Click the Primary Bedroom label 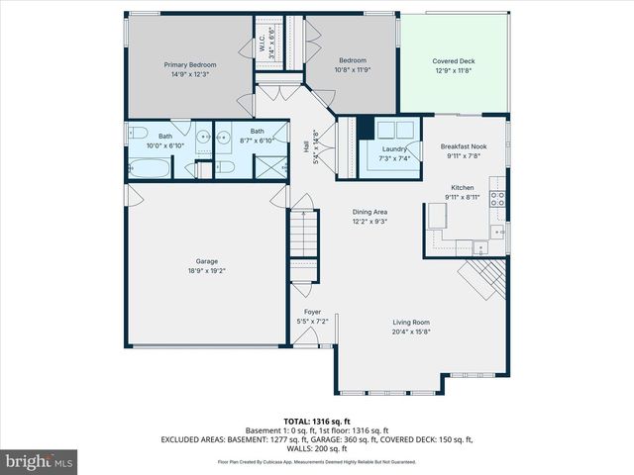(190, 65)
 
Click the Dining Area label (370, 212)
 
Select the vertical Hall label (304, 146)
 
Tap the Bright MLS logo (40, 461)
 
